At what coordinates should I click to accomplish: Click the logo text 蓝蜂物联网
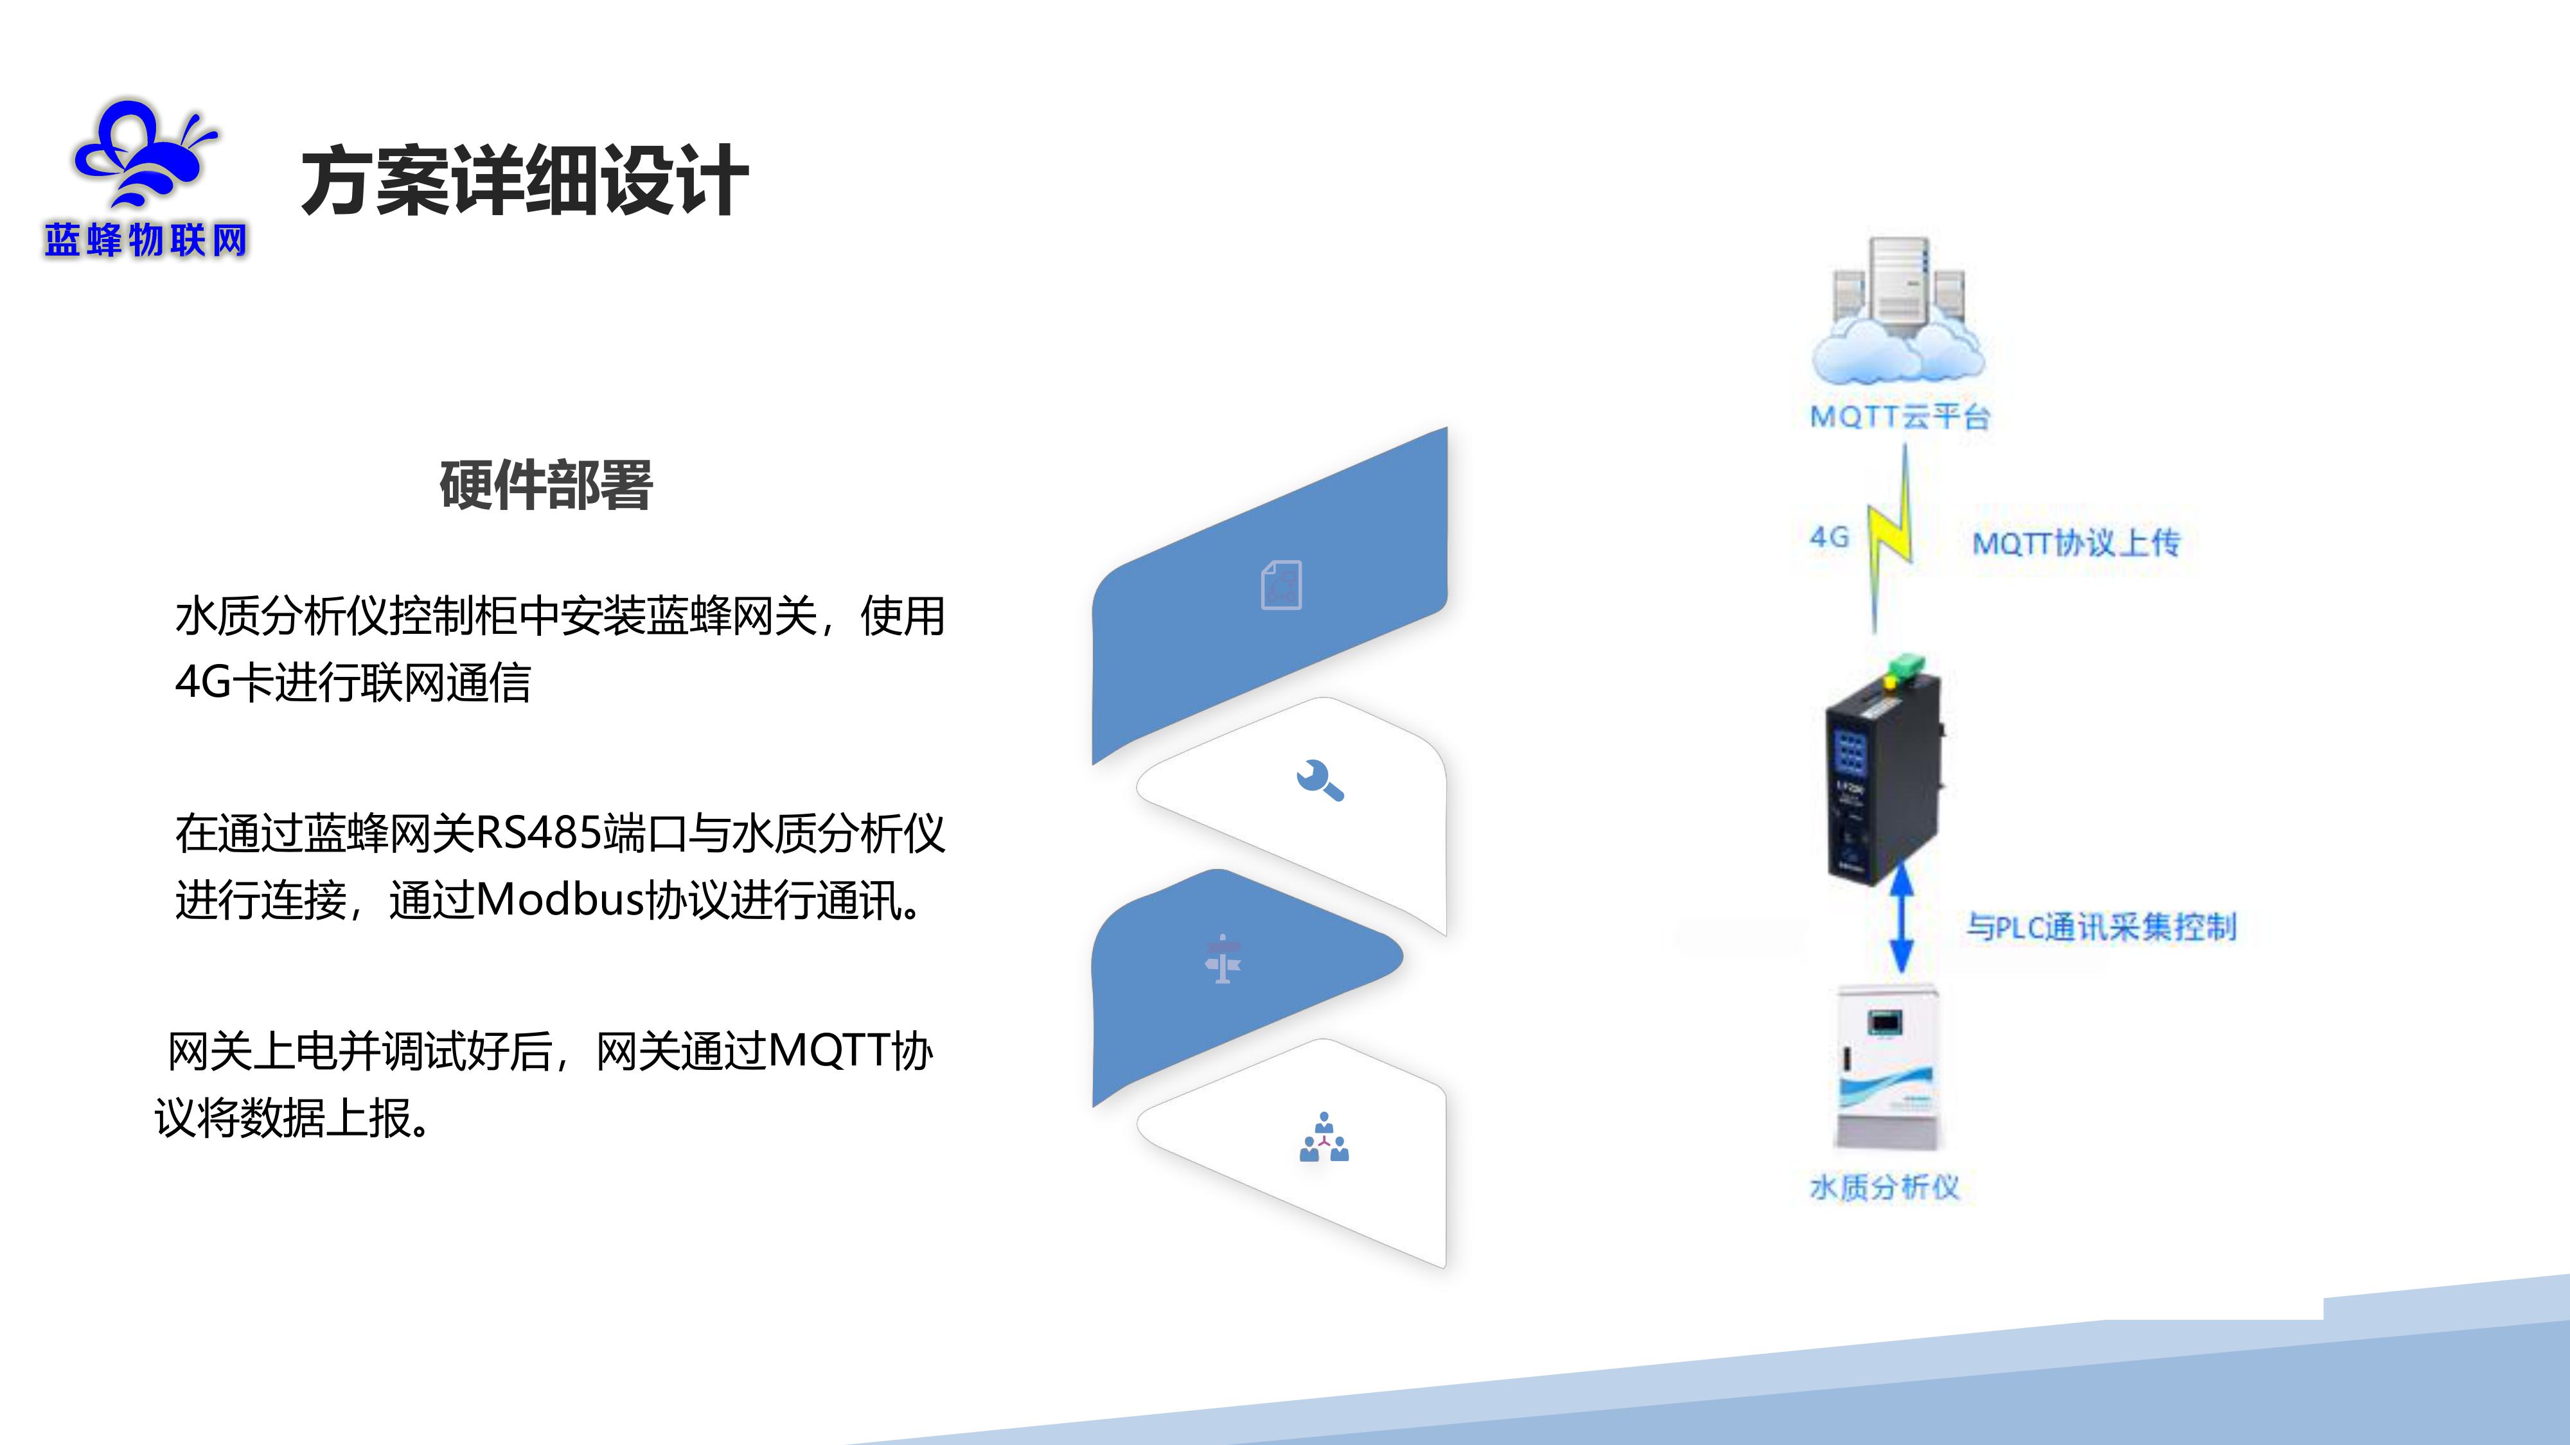(146, 240)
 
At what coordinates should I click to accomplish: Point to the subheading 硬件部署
(545, 486)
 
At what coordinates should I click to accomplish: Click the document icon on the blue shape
(1281, 584)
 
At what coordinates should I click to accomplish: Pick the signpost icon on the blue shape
(1222, 959)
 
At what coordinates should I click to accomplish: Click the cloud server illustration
(1897, 310)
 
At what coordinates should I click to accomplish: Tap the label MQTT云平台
(1900, 416)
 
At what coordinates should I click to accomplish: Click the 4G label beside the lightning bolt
(1829, 538)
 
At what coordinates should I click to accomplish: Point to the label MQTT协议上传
(2076, 543)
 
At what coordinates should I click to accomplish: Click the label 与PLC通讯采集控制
(2101, 927)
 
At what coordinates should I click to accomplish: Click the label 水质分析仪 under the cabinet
(1884, 1187)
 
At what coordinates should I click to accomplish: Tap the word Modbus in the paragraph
(561, 900)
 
